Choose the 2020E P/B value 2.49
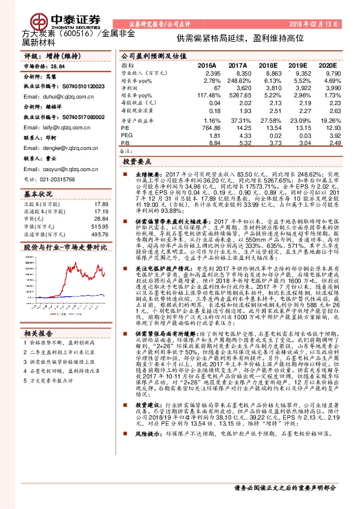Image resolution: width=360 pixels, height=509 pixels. click(327, 143)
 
